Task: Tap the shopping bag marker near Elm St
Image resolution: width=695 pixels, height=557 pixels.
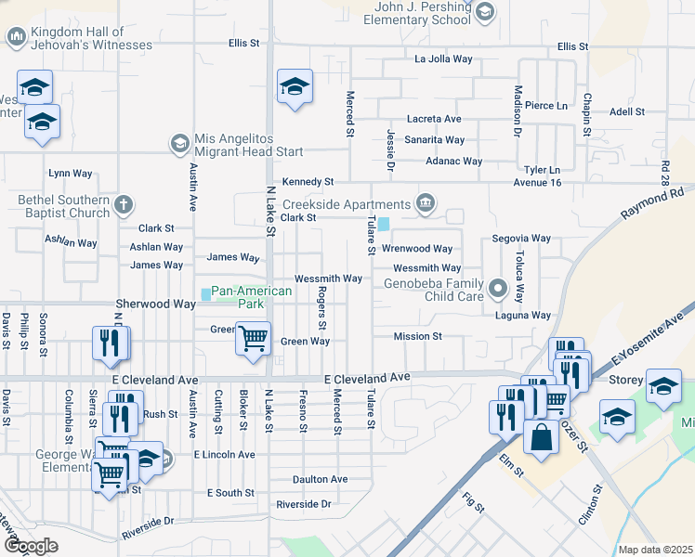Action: [x=541, y=435]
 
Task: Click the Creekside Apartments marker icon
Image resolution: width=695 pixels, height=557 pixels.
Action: [x=426, y=203]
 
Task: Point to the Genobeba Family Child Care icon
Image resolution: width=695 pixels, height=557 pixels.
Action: [x=498, y=289]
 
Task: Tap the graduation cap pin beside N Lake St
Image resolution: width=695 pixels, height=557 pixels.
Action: [x=295, y=88]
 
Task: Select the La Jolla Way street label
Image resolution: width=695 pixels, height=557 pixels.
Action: [x=443, y=59]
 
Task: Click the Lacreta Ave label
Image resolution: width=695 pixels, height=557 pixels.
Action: [x=433, y=119]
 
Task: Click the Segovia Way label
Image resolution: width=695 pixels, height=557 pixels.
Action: [x=516, y=239]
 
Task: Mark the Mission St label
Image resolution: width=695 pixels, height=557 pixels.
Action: [x=417, y=336]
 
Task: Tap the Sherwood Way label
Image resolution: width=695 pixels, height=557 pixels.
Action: [x=155, y=304]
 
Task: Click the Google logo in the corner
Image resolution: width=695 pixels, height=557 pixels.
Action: [x=31, y=546]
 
